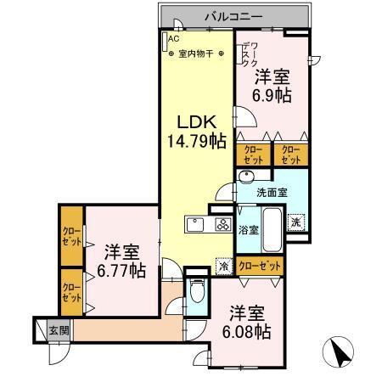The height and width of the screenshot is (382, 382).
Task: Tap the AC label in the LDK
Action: click(173, 39)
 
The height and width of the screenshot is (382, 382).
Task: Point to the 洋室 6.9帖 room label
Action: click(274, 86)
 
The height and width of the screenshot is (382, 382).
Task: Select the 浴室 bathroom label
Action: click(247, 229)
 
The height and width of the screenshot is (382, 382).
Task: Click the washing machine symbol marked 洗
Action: click(295, 222)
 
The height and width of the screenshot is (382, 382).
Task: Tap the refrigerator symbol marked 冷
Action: click(223, 265)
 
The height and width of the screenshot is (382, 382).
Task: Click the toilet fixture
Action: click(196, 294)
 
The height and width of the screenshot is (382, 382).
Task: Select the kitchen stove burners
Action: click(222, 226)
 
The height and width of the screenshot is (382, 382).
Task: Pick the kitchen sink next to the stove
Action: click(194, 226)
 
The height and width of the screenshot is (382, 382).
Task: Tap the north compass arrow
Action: click(337, 351)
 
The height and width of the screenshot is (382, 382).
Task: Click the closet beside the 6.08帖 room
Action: click(259, 266)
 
